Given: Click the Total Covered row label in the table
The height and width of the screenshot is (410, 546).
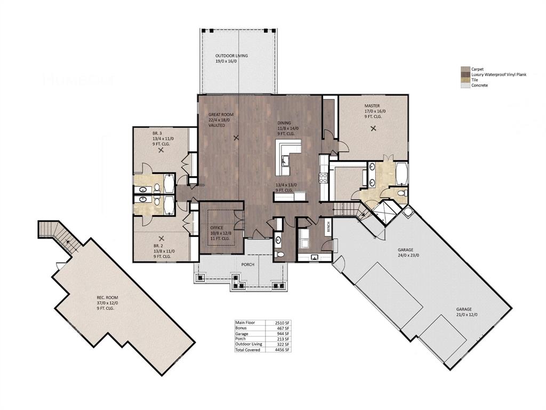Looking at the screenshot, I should [248, 350].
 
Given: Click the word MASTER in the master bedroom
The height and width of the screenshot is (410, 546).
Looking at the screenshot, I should [372, 106].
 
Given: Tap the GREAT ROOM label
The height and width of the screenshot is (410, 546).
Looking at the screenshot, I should [219, 115].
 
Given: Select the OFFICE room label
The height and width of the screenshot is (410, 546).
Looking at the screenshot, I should [217, 228].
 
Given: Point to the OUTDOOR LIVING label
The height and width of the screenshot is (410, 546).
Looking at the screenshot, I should [231, 56].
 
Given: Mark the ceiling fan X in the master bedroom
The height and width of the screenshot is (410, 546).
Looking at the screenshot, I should [373, 128].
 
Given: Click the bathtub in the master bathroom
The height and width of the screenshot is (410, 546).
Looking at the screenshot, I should [401, 174].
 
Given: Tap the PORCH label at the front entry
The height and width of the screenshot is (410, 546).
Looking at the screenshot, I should [247, 265].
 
